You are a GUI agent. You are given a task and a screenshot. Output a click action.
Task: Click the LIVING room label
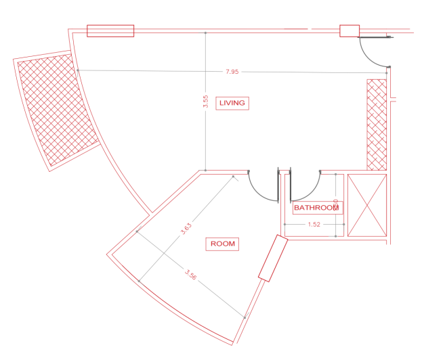click(232, 103)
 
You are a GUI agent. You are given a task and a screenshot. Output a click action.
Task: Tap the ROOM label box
click(223, 244)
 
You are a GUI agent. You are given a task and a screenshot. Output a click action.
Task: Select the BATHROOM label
click(316, 208)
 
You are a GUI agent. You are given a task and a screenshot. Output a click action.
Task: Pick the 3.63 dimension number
click(186, 229)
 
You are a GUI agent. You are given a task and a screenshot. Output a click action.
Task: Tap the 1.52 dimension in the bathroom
click(314, 225)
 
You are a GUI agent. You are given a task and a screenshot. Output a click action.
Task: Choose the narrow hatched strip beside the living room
click(376, 125)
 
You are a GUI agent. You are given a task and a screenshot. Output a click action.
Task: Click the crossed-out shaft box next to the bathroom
click(366, 205)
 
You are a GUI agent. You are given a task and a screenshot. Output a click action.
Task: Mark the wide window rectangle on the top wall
click(110, 30)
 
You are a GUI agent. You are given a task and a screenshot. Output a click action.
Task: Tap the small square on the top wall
click(349, 30)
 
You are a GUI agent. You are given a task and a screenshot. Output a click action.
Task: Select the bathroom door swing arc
click(309, 189)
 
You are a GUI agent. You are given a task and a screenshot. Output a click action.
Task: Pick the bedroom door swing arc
click(261, 189)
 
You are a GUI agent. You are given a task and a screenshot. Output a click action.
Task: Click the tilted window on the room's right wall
click(274, 258)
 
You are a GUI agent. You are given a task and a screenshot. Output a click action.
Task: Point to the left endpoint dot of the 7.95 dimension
click(78, 70)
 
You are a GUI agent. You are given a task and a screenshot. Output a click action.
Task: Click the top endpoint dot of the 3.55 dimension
click(205, 32)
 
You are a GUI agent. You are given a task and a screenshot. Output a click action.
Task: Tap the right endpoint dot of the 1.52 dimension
click(344, 224)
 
